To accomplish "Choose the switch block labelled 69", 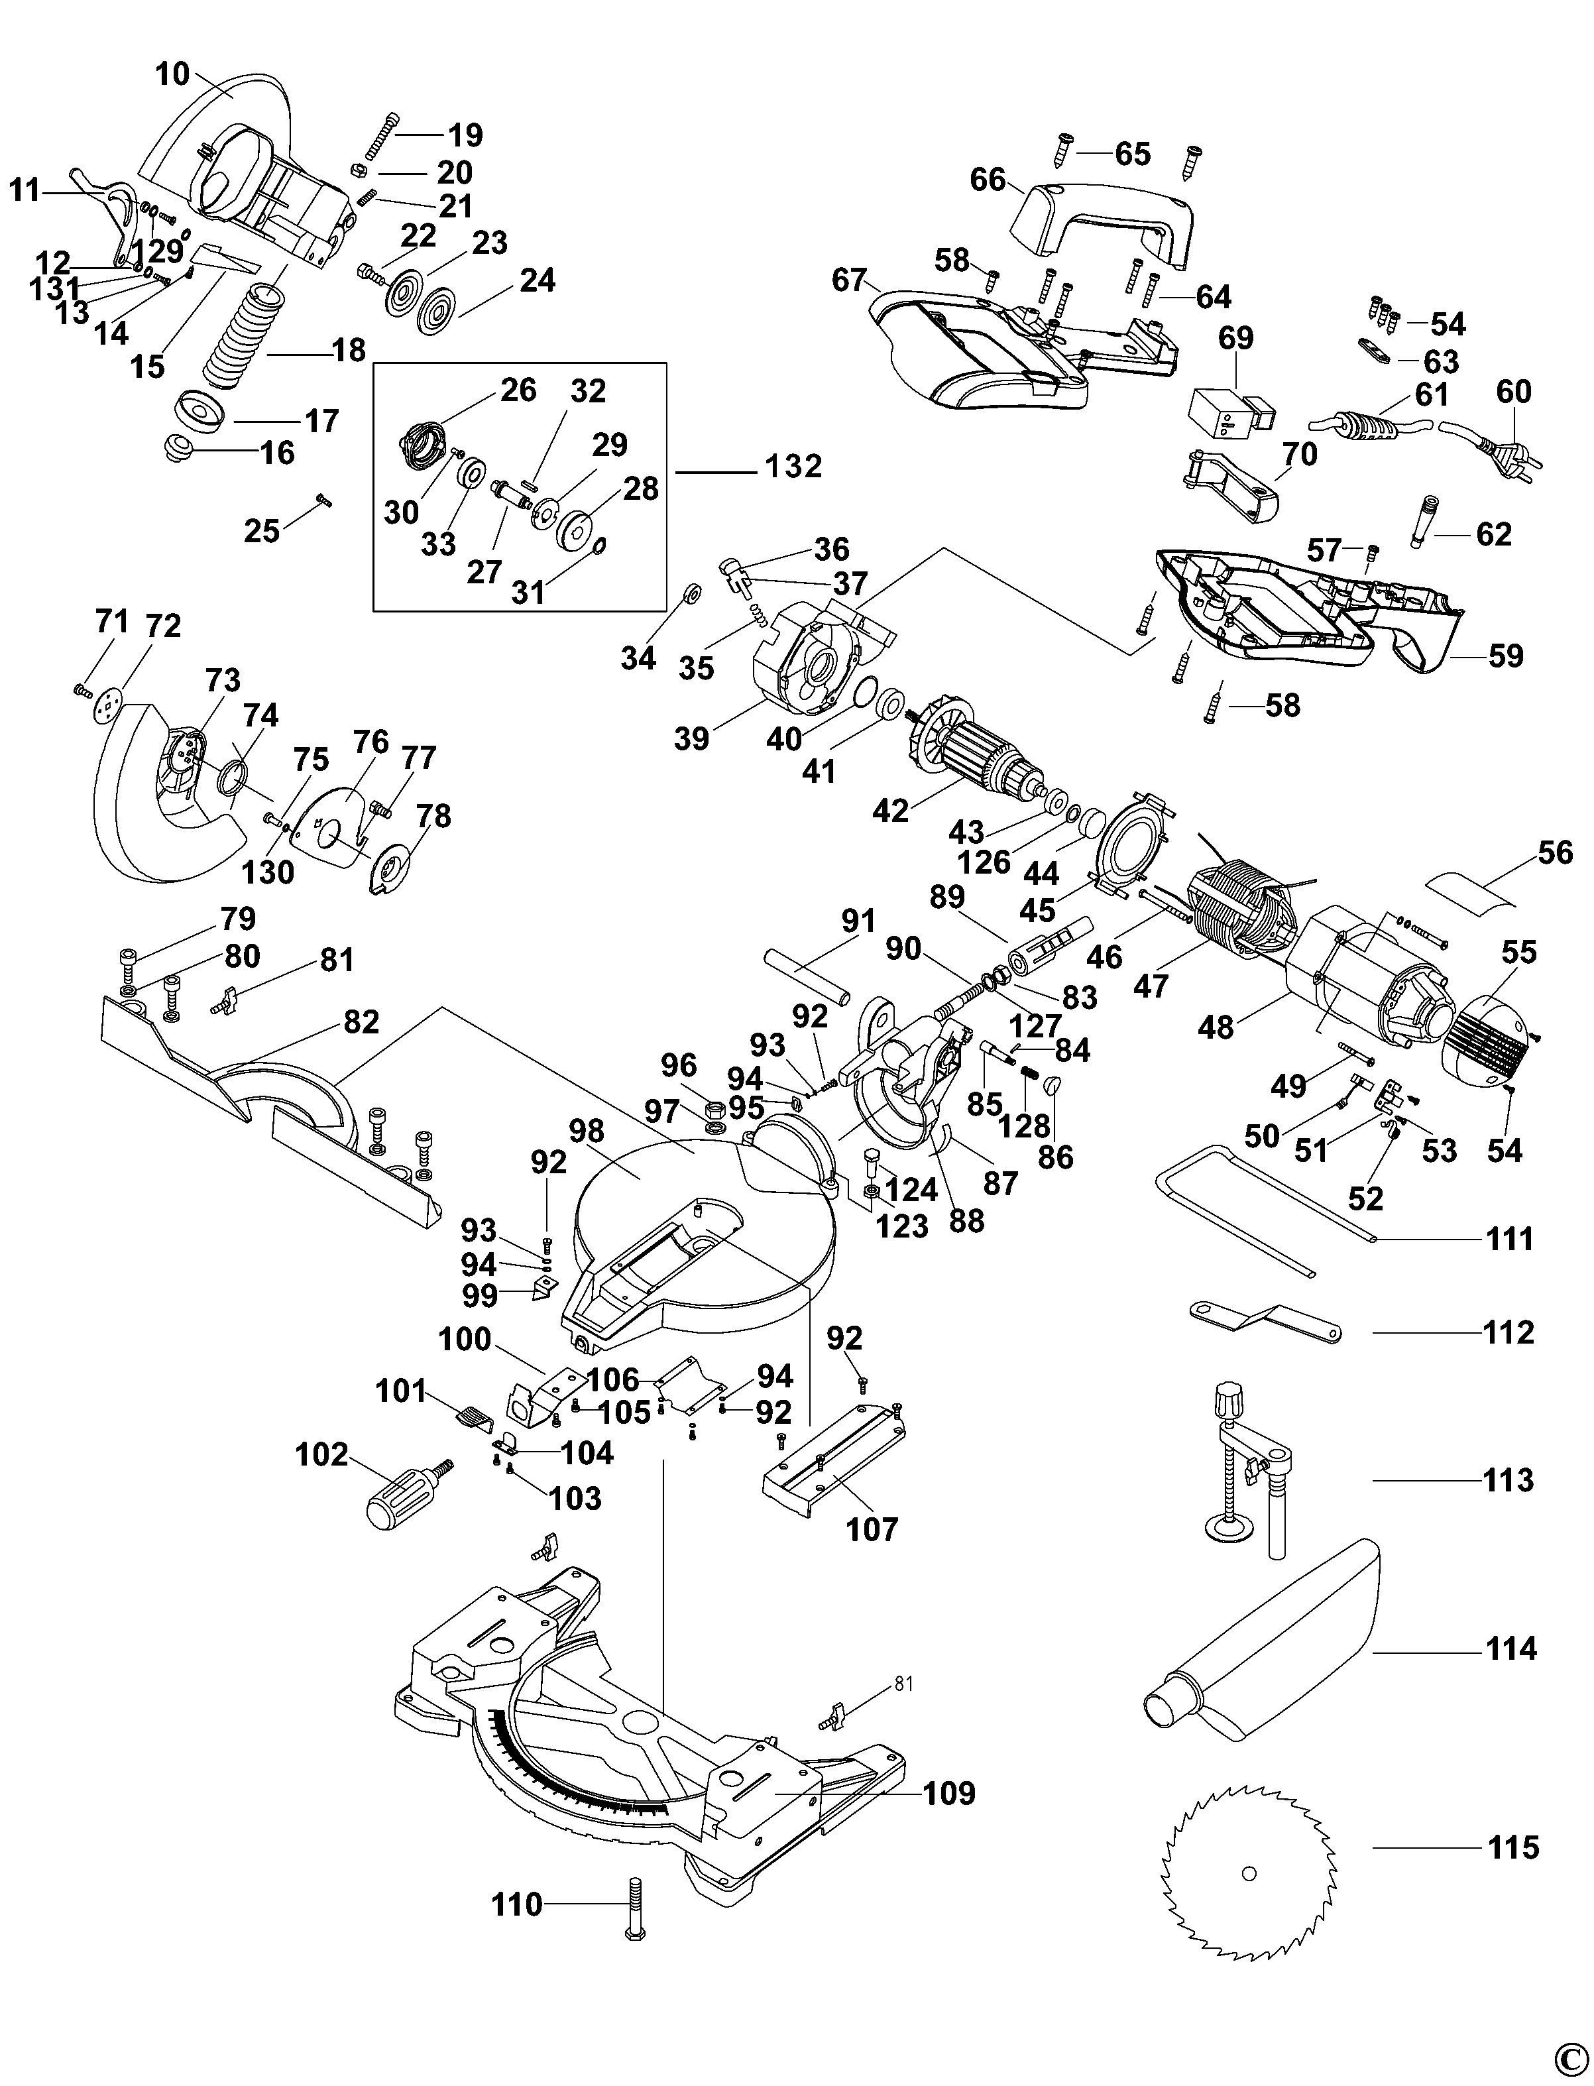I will point(1229,413).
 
